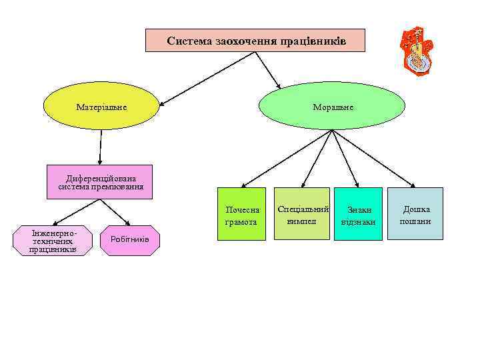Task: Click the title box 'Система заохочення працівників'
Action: click(256, 41)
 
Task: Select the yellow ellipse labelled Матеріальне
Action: click(101, 107)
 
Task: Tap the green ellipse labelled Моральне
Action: click(331, 107)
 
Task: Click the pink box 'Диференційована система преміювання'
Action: click(101, 182)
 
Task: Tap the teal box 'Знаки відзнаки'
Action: click(358, 215)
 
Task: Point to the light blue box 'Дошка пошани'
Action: click(415, 214)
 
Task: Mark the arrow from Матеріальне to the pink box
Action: click(101, 147)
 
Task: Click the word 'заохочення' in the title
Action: click(239, 41)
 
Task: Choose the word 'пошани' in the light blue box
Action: click(415, 221)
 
